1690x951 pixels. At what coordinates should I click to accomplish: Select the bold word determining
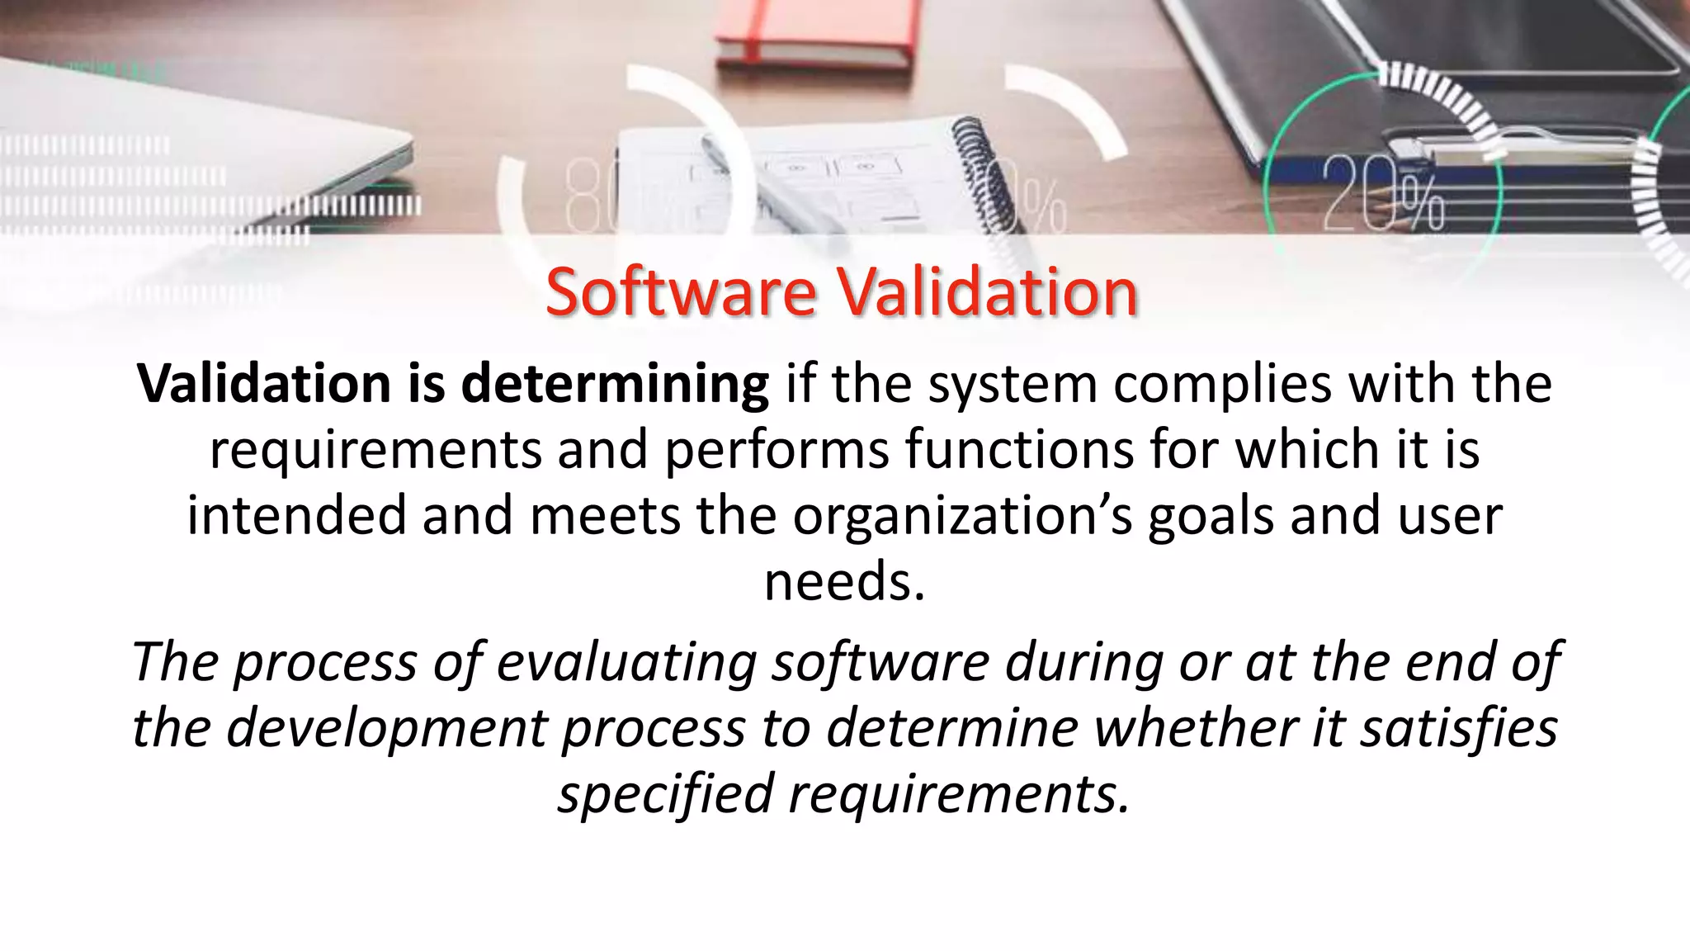point(615,385)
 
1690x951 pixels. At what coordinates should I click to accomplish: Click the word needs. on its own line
point(844,581)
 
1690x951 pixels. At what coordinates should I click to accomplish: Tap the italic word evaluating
point(626,663)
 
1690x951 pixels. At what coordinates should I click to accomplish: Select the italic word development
point(387,728)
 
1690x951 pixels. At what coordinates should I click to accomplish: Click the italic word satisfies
point(1459,728)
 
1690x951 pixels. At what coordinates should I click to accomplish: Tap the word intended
point(297,516)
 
